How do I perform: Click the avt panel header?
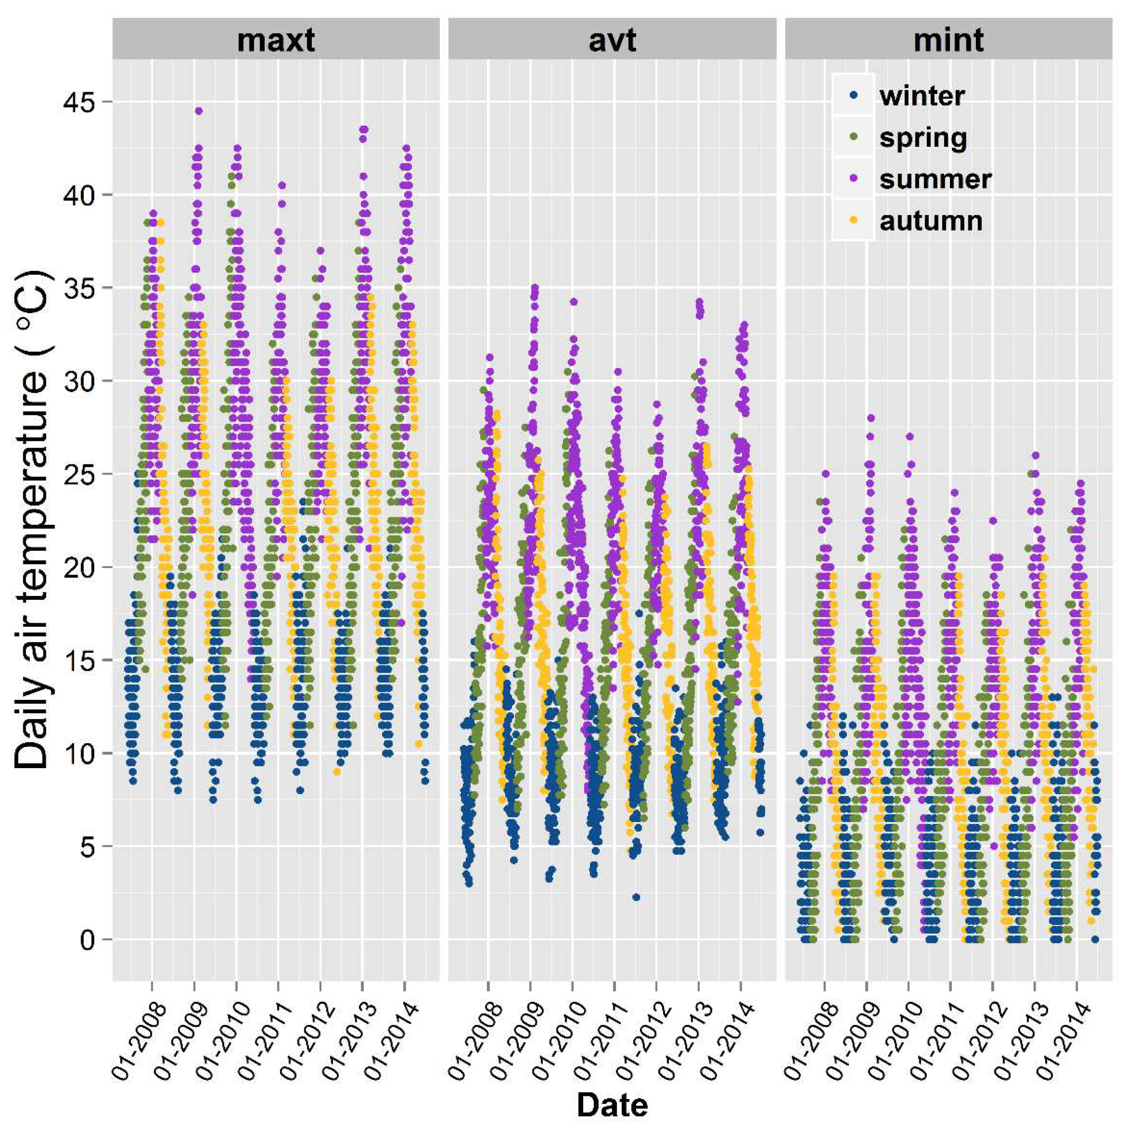pyautogui.click(x=611, y=40)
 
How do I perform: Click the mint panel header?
pyautogui.click(x=948, y=40)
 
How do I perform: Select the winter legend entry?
pyautogui.click(x=922, y=95)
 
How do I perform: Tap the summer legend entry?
pyautogui.click(x=935, y=179)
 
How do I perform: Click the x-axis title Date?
pyautogui.click(x=612, y=1105)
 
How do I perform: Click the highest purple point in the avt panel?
pyautogui.click(x=535, y=287)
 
